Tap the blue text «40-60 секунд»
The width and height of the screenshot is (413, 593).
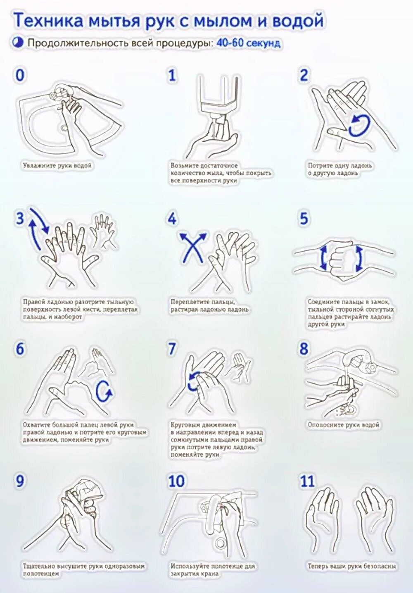tap(248, 43)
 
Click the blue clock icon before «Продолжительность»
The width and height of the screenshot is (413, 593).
tap(19, 43)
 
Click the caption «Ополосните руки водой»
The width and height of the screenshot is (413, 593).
tap(343, 425)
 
